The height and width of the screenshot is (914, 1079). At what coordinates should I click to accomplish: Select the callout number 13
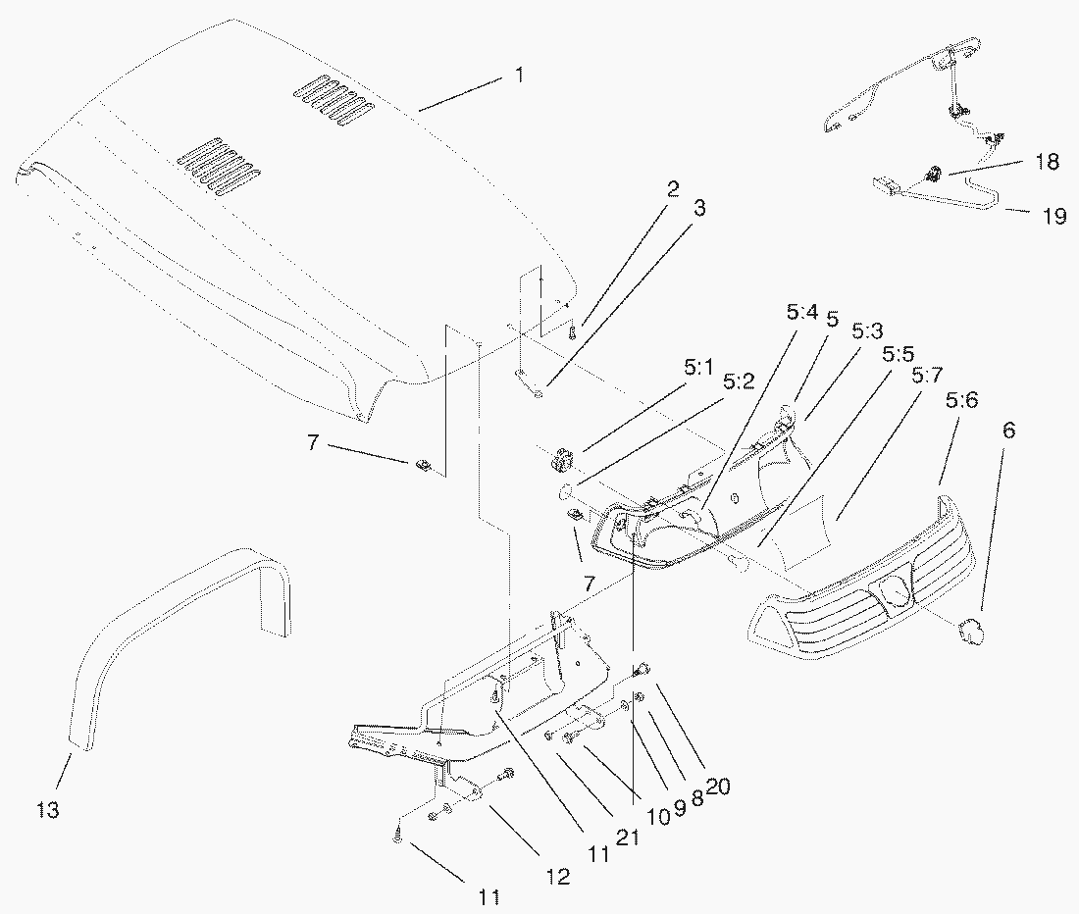tap(48, 810)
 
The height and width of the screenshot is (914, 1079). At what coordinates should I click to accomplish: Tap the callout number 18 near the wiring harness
tap(1047, 162)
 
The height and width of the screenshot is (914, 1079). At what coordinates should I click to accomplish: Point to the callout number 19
tap(1053, 217)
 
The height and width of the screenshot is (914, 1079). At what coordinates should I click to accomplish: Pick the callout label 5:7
tap(927, 375)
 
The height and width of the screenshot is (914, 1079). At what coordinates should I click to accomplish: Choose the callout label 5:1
tap(697, 370)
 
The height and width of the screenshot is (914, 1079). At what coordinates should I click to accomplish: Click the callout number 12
tap(558, 878)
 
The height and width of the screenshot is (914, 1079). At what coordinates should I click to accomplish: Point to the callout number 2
tap(674, 189)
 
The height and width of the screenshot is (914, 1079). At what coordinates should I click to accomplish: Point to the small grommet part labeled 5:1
tap(563, 458)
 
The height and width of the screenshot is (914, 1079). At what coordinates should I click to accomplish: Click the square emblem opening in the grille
tap(895, 590)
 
